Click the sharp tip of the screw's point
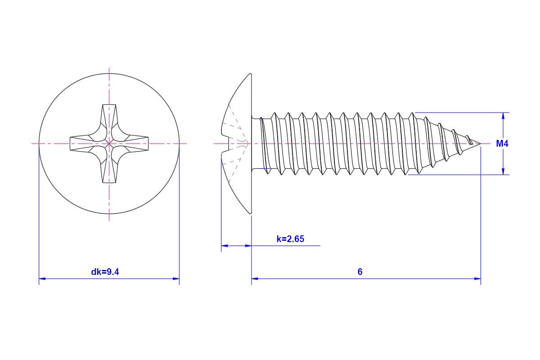(481, 144)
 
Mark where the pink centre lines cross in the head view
(109, 144)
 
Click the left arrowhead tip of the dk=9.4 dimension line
(39, 279)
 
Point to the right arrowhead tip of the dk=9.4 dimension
(180, 279)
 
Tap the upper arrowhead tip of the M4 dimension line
(503, 113)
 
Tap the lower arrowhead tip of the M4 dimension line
(503, 175)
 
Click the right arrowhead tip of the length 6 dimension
(481, 279)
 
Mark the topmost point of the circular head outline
(109, 73)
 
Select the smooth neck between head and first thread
(256, 144)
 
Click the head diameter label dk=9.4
(105, 272)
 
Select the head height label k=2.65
(291, 239)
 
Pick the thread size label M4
(502, 144)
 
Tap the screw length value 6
(360, 272)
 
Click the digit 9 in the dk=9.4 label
(109, 272)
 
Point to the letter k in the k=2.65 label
(279, 239)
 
